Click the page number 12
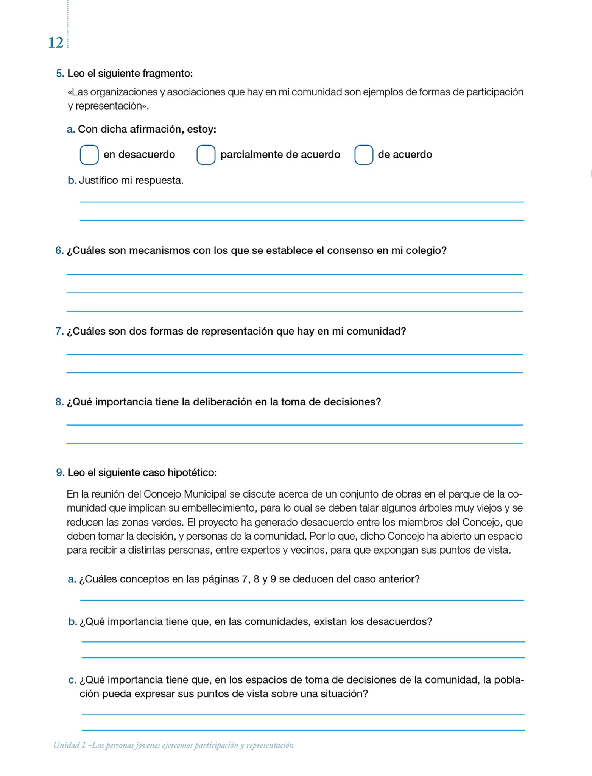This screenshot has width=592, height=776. (x=55, y=43)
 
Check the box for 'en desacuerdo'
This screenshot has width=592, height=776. (x=89, y=155)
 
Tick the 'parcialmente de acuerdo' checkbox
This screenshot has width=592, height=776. (x=206, y=155)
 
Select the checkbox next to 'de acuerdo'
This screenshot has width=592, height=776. (x=364, y=155)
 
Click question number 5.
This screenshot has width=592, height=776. (x=60, y=74)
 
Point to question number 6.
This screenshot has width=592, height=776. (x=59, y=250)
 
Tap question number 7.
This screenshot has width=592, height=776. (x=59, y=331)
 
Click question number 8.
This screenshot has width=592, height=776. (x=59, y=402)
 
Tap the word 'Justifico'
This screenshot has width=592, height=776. (x=98, y=180)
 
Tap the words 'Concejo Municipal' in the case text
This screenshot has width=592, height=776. (x=185, y=494)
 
